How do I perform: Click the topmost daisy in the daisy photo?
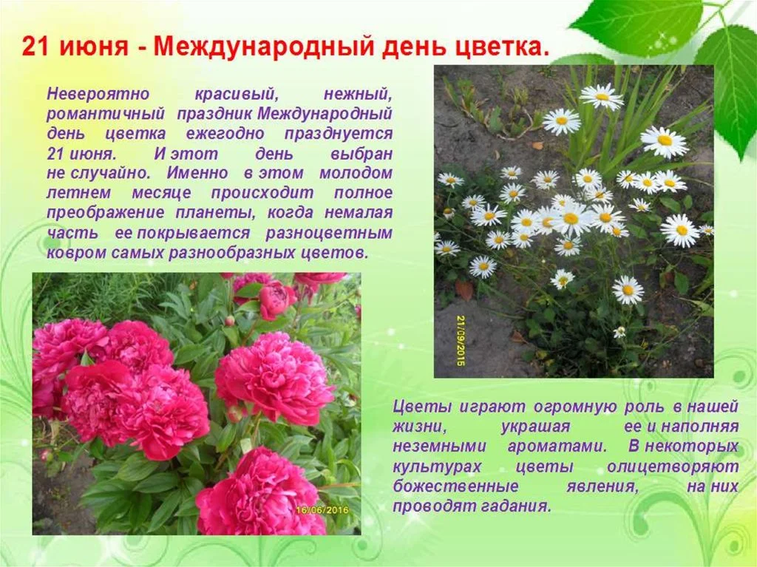tap(602, 95)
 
